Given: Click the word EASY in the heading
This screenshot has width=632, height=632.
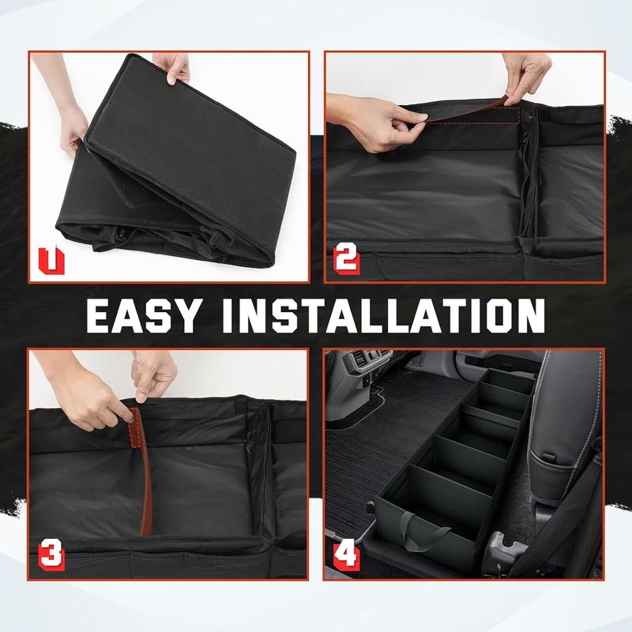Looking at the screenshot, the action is (143, 317).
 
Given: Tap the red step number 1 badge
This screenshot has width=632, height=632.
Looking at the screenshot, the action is (51, 261).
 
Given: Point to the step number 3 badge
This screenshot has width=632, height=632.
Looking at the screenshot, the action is (51, 555).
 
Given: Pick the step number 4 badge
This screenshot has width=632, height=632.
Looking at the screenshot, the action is (346, 555).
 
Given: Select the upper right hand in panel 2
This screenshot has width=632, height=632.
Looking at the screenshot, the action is (526, 77).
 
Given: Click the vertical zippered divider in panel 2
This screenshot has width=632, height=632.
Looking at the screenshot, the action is (529, 173).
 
